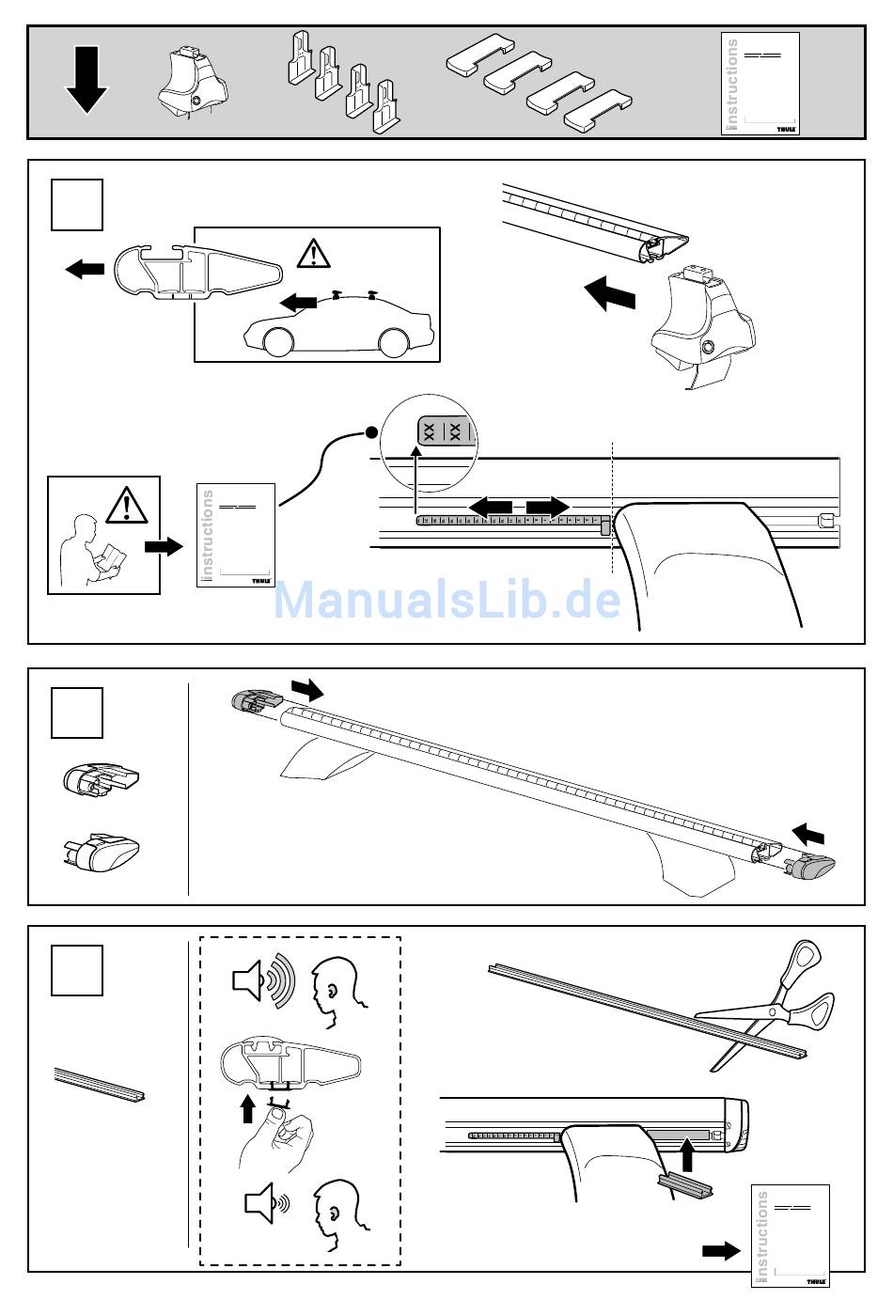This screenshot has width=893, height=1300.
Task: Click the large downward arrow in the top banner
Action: coord(86,83)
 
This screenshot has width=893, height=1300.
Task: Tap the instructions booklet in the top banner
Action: coord(760,85)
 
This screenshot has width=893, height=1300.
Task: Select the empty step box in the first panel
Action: coord(76,206)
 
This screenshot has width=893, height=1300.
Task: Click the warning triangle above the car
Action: coord(312,253)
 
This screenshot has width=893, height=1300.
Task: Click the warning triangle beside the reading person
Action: coord(124,506)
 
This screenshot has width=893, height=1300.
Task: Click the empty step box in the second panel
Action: coord(76,713)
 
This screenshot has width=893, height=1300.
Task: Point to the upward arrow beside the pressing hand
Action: coord(247,1107)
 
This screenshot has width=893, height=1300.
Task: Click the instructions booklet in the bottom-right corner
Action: coord(791,1235)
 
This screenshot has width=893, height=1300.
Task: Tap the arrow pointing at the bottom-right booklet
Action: coord(722,1251)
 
